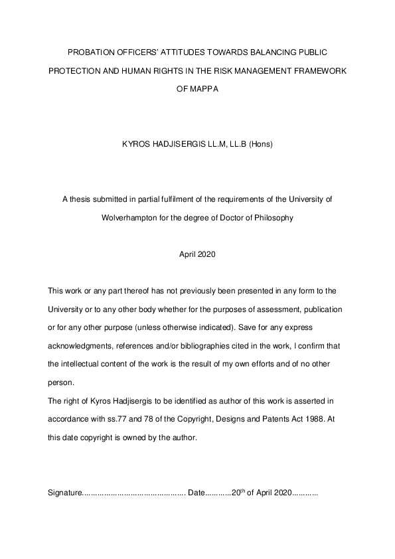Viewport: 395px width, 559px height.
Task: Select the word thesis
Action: pyautogui.click(x=80, y=199)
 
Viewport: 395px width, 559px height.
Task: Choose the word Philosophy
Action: pyautogui.click(x=271, y=217)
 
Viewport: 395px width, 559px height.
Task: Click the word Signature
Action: pyautogui.click(x=64, y=493)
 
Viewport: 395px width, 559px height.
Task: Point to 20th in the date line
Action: pyautogui.click(x=238, y=493)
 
